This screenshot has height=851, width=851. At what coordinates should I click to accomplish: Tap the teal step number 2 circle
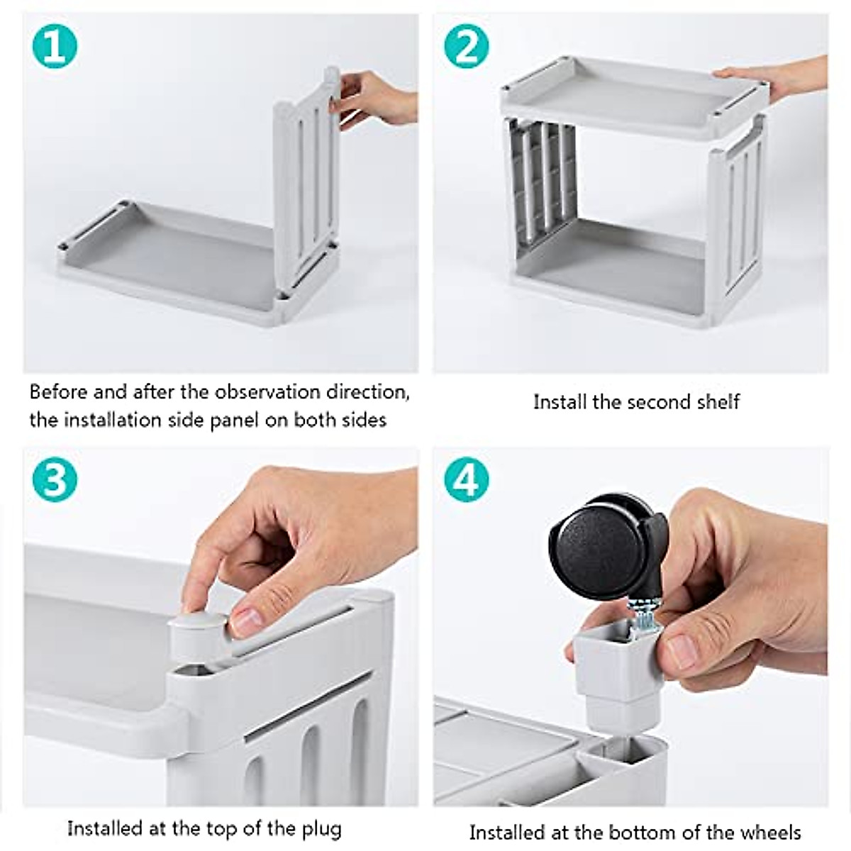tap(466, 47)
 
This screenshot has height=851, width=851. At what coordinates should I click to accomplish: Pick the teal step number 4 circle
tap(466, 480)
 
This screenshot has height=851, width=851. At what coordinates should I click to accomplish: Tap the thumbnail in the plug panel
tap(249, 622)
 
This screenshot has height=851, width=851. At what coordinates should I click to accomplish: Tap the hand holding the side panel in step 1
tap(376, 99)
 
